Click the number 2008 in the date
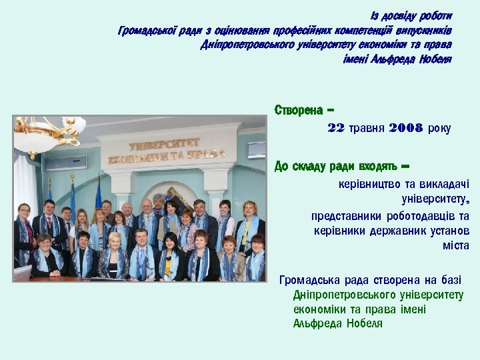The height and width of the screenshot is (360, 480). (405, 128)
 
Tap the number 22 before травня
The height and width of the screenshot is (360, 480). (336, 128)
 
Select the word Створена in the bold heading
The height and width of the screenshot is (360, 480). (299, 110)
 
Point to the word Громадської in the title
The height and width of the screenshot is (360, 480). (147, 31)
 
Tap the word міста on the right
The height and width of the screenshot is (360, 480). (456, 245)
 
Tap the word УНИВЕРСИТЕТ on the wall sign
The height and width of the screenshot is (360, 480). (164, 145)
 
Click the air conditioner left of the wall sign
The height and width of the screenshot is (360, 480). (65, 162)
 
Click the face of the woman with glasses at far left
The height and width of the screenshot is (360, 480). (25, 213)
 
